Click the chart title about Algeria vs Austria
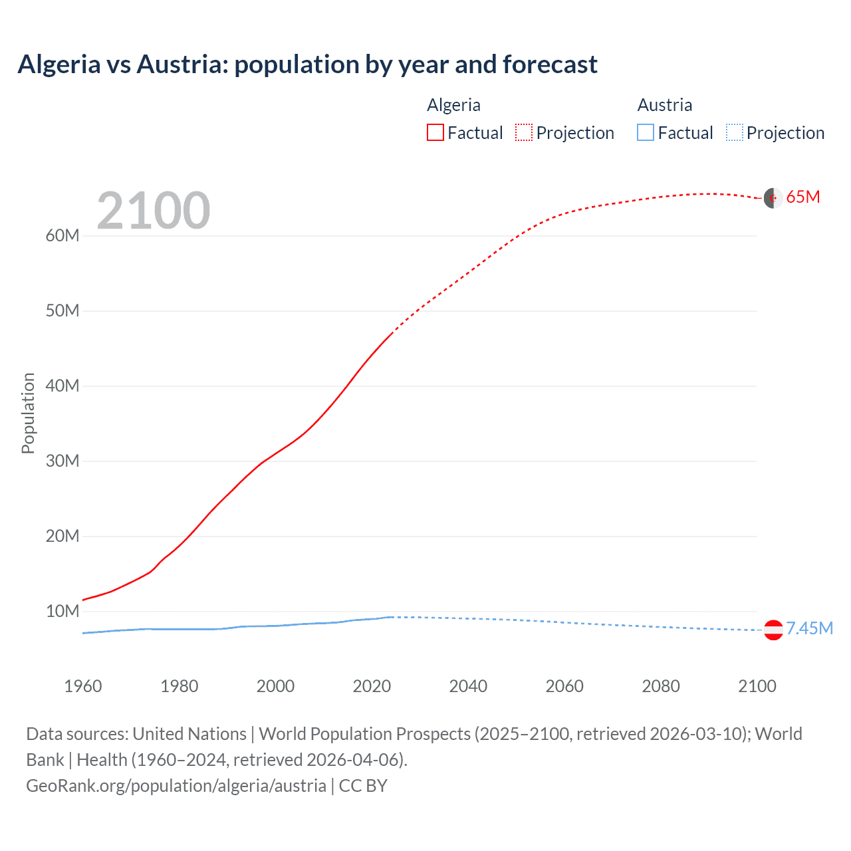click(x=307, y=64)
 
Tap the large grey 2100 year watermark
click(x=154, y=211)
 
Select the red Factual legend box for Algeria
click(x=435, y=132)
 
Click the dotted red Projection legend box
click(x=524, y=132)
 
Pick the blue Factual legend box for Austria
click(x=646, y=132)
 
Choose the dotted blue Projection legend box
click(x=734, y=132)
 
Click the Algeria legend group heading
click(x=453, y=105)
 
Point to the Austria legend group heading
click(x=665, y=105)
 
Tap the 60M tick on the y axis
click(x=62, y=236)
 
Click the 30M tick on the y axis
click(x=62, y=461)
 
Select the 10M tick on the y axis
click(x=62, y=611)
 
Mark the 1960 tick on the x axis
click(x=83, y=686)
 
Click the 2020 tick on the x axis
click(x=372, y=686)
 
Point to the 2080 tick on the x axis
click(x=661, y=686)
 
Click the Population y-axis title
click(x=28, y=413)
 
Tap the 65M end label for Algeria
click(x=803, y=197)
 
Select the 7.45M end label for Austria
click(x=810, y=629)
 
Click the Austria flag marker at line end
click(x=773, y=630)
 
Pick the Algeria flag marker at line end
click(x=773, y=198)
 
